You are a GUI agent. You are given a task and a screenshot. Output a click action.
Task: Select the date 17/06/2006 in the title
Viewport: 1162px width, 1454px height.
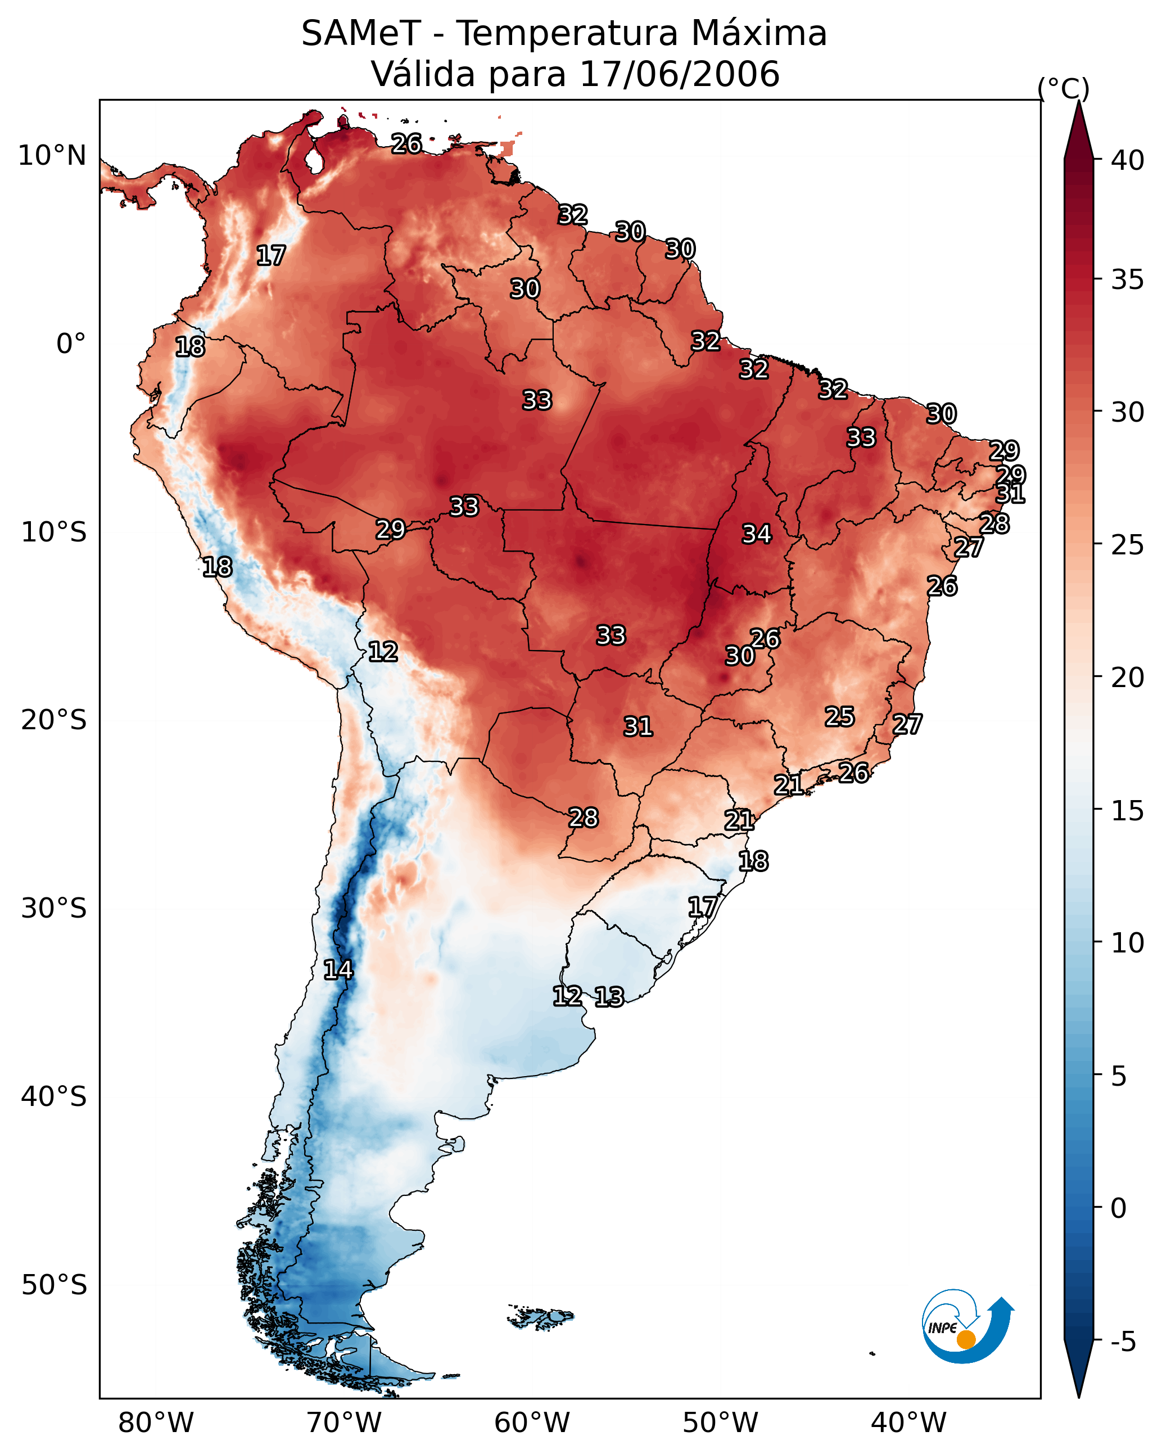click(x=679, y=74)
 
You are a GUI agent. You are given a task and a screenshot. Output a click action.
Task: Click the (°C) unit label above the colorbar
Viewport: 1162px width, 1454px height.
click(x=1063, y=88)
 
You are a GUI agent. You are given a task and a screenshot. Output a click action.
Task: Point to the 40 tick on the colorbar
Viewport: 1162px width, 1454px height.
click(x=1128, y=160)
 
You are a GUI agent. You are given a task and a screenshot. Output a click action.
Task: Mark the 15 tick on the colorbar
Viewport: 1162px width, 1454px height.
click(x=1128, y=811)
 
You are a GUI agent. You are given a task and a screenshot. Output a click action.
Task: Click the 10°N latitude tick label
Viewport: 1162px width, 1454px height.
click(x=52, y=156)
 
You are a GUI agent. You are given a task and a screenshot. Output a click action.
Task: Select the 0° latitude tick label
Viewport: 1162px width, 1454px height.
click(x=71, y=344)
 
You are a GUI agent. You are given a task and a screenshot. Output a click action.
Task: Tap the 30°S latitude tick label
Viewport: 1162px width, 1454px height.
click(x=54, y=909)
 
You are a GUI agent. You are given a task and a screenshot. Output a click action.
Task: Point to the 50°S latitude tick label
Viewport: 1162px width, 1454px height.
click(x=54, y=1285)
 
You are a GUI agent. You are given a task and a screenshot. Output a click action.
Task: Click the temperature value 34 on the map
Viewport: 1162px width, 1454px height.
click(x=757, y=534)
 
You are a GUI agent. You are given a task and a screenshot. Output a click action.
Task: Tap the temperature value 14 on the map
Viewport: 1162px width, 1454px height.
click(x=338, y=970)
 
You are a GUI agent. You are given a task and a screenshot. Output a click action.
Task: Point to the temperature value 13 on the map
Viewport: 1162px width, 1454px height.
click(x=609, y=997)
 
